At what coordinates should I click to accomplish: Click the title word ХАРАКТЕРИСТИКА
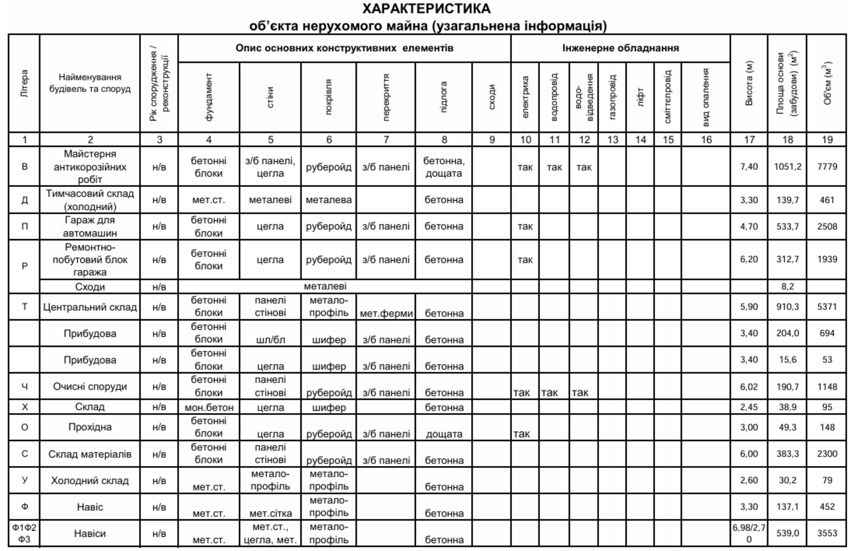pyautogui.click(x=426, y=9)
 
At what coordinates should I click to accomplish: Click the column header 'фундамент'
pyautogui.click(x=209, y=97)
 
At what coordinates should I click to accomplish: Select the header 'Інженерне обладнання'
pyautogui.click(x=620, y=48)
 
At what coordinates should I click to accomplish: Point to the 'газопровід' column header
pyautogui.click(x=612, y=97)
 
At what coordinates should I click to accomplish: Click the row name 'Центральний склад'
pyautogui.click(x=90, y=308)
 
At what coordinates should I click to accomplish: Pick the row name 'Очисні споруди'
pyautogui.click(x=90, y=387)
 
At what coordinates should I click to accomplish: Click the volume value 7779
pyautogui.click(x=827, y=167)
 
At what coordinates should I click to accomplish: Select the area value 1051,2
pyautogui.click(x=787, y=167)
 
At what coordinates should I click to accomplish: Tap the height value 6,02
pyautogui.click(x=749, y=387)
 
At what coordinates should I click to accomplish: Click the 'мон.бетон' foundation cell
pyautogui.click(x=209, y=407)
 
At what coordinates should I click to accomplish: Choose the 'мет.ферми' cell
pyautogui.click(x=386, y=313)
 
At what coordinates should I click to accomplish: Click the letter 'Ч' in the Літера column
pyautogui.click(x=25, y=387)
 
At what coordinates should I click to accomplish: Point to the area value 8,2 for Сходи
pyautogui.click(x=787, y=287)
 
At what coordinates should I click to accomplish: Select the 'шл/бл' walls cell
pyautogui.click(x=270, y=340)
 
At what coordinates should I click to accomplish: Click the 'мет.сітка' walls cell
pyautogui.click(x=270, y=514)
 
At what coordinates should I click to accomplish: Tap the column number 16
pyautogui.click(x=706, y=140)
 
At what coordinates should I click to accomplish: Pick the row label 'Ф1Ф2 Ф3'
pyautogui.click(x=25, y=533)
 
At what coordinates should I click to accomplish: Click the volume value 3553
pyautogui.click(x=827, y=533)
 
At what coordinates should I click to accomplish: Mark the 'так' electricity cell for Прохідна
pyautogui.click(x=521, y=434)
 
